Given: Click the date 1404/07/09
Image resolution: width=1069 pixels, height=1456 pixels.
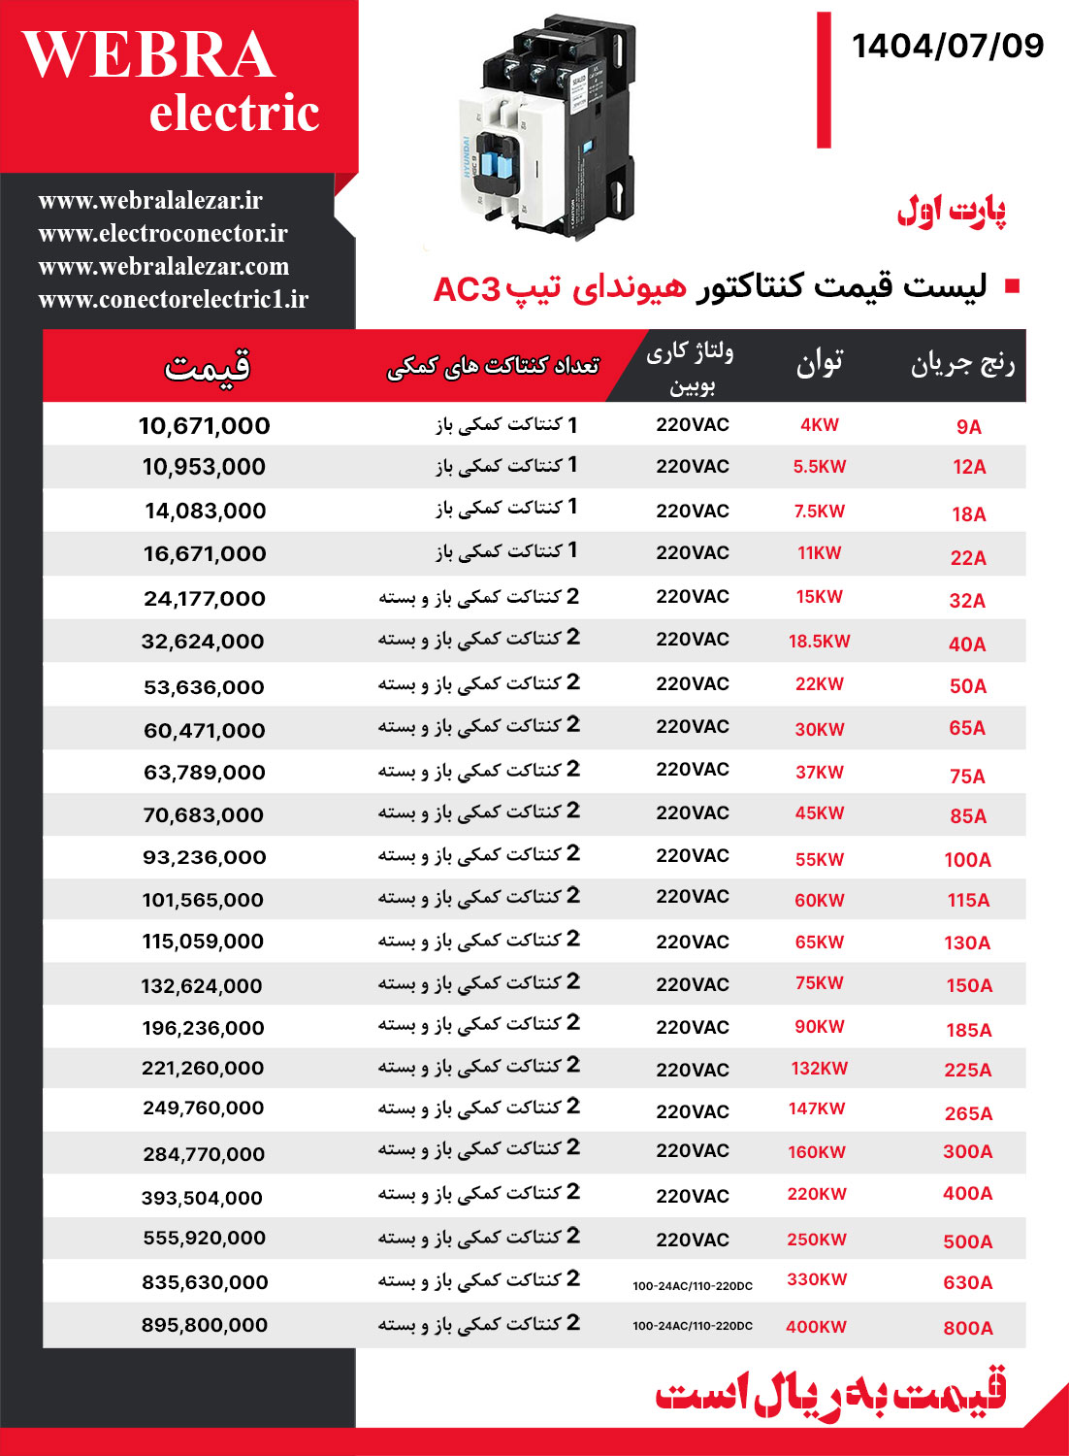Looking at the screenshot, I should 948,46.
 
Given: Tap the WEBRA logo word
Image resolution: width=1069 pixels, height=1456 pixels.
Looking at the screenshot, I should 148,55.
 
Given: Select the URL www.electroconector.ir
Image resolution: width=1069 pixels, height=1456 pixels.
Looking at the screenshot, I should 163,233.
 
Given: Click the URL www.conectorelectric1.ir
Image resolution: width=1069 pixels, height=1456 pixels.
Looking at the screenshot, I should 173,299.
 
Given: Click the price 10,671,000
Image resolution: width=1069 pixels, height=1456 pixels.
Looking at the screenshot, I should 204,425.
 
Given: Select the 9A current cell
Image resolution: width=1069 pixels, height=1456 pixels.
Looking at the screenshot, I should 968,427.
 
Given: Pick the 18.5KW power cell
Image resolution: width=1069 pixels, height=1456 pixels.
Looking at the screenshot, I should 819,641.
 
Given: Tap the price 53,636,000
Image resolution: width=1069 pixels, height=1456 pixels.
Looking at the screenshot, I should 204,687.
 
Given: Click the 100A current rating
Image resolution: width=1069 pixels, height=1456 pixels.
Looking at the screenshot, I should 967,860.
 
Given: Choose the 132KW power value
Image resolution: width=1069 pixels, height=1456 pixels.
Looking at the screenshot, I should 819,1069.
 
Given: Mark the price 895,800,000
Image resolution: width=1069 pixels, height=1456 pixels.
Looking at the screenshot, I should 204,1325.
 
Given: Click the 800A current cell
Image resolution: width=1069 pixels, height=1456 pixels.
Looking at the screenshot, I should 967,1328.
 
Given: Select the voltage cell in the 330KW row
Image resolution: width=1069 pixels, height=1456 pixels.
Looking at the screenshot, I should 692,1285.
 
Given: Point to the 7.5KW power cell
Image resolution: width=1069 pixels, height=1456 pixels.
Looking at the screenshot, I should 819,512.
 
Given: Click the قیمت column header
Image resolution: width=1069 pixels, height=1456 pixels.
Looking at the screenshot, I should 207,367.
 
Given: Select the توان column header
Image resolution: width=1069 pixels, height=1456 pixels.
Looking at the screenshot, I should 819,363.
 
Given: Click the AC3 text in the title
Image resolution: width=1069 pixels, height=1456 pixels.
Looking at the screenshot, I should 467,289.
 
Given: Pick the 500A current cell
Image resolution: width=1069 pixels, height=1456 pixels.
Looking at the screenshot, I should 967,1241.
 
